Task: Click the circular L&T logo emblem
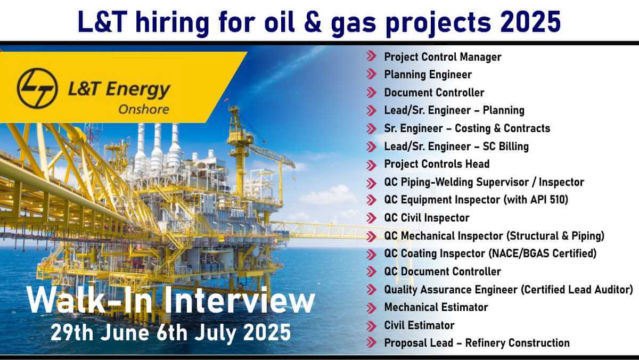pos(37,88)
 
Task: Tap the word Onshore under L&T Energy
pos(144,110)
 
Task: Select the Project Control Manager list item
pos(443,57)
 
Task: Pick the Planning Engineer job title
pos(428,75)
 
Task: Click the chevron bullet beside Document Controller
pos(372,93)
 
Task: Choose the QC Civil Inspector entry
pos(427,218)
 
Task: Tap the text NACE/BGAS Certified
pos(543,253)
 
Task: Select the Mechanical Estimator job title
pos(436,307)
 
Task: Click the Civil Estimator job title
pos(420,325)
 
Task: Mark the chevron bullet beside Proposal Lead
pos(372,342)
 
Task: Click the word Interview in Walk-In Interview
pos(240,300)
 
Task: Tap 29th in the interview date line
pos(72,333)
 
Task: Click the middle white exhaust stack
pos(157,147)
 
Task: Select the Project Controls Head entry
pos(437,164)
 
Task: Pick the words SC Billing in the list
pos(506,146)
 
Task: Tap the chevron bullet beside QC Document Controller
pos(372,271)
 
